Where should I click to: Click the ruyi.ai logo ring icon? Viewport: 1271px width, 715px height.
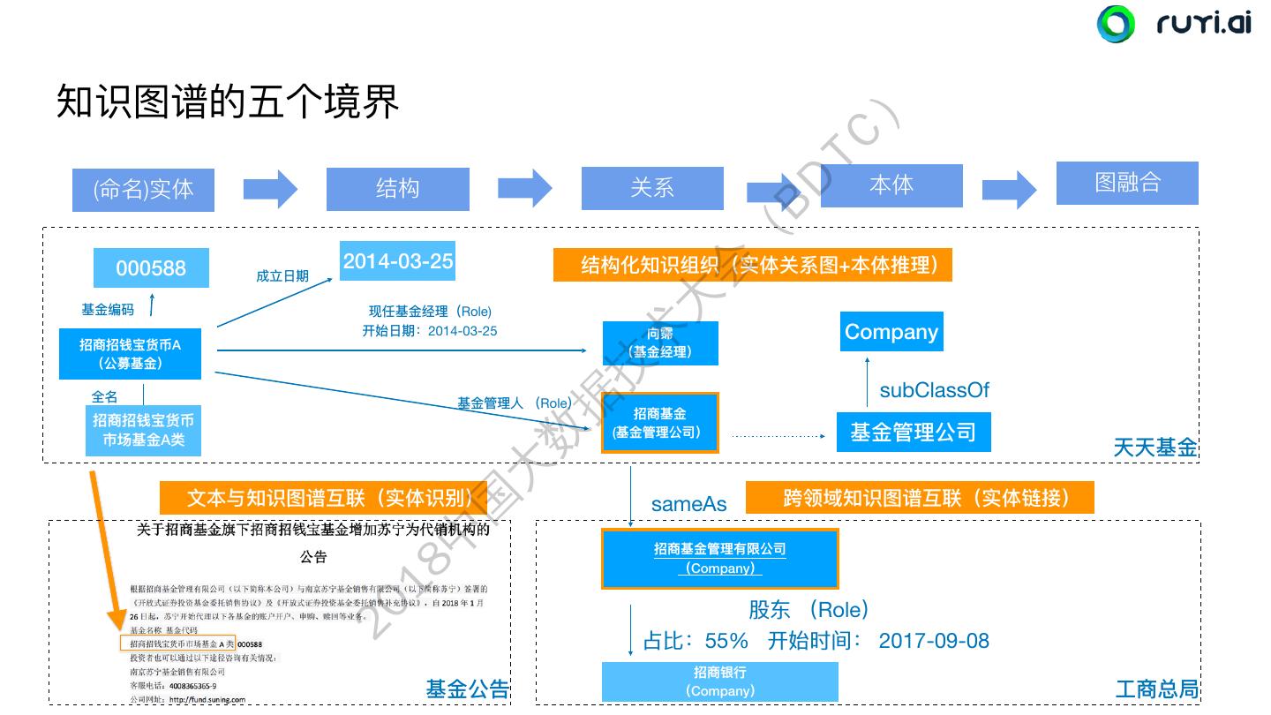pos(1116,24)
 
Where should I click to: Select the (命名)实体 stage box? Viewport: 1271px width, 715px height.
pos(143,189)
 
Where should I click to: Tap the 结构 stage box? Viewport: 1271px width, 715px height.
pos(397,188)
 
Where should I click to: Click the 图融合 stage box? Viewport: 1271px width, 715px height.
pos(1127,183)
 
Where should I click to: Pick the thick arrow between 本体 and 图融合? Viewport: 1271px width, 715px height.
pos(1010,189)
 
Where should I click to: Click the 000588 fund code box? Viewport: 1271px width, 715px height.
pos(152,267)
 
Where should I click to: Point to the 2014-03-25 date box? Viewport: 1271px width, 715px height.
pos(397,261)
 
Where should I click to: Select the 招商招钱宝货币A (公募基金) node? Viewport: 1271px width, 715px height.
pos(130,354)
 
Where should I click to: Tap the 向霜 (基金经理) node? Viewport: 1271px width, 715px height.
pos(660,342)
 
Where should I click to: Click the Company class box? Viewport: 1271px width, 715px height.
pos(891,332)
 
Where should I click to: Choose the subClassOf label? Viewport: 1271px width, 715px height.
pos(934,390)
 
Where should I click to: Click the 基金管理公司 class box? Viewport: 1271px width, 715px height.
pos(913,433)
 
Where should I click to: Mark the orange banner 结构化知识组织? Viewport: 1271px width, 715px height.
pos(752,265)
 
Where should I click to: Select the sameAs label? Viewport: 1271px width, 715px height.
pos(688,504)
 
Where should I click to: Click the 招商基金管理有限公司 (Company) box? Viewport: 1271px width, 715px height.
pos(719,558)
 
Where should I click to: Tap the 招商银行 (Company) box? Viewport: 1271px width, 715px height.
pos(719,681)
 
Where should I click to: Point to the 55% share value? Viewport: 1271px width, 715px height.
pos(726,641)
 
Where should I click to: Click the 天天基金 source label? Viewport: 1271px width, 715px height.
pos(1154,448)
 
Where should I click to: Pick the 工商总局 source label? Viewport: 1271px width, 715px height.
pos(1156,689)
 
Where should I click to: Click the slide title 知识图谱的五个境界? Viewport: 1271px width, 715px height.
pos(228,102)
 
